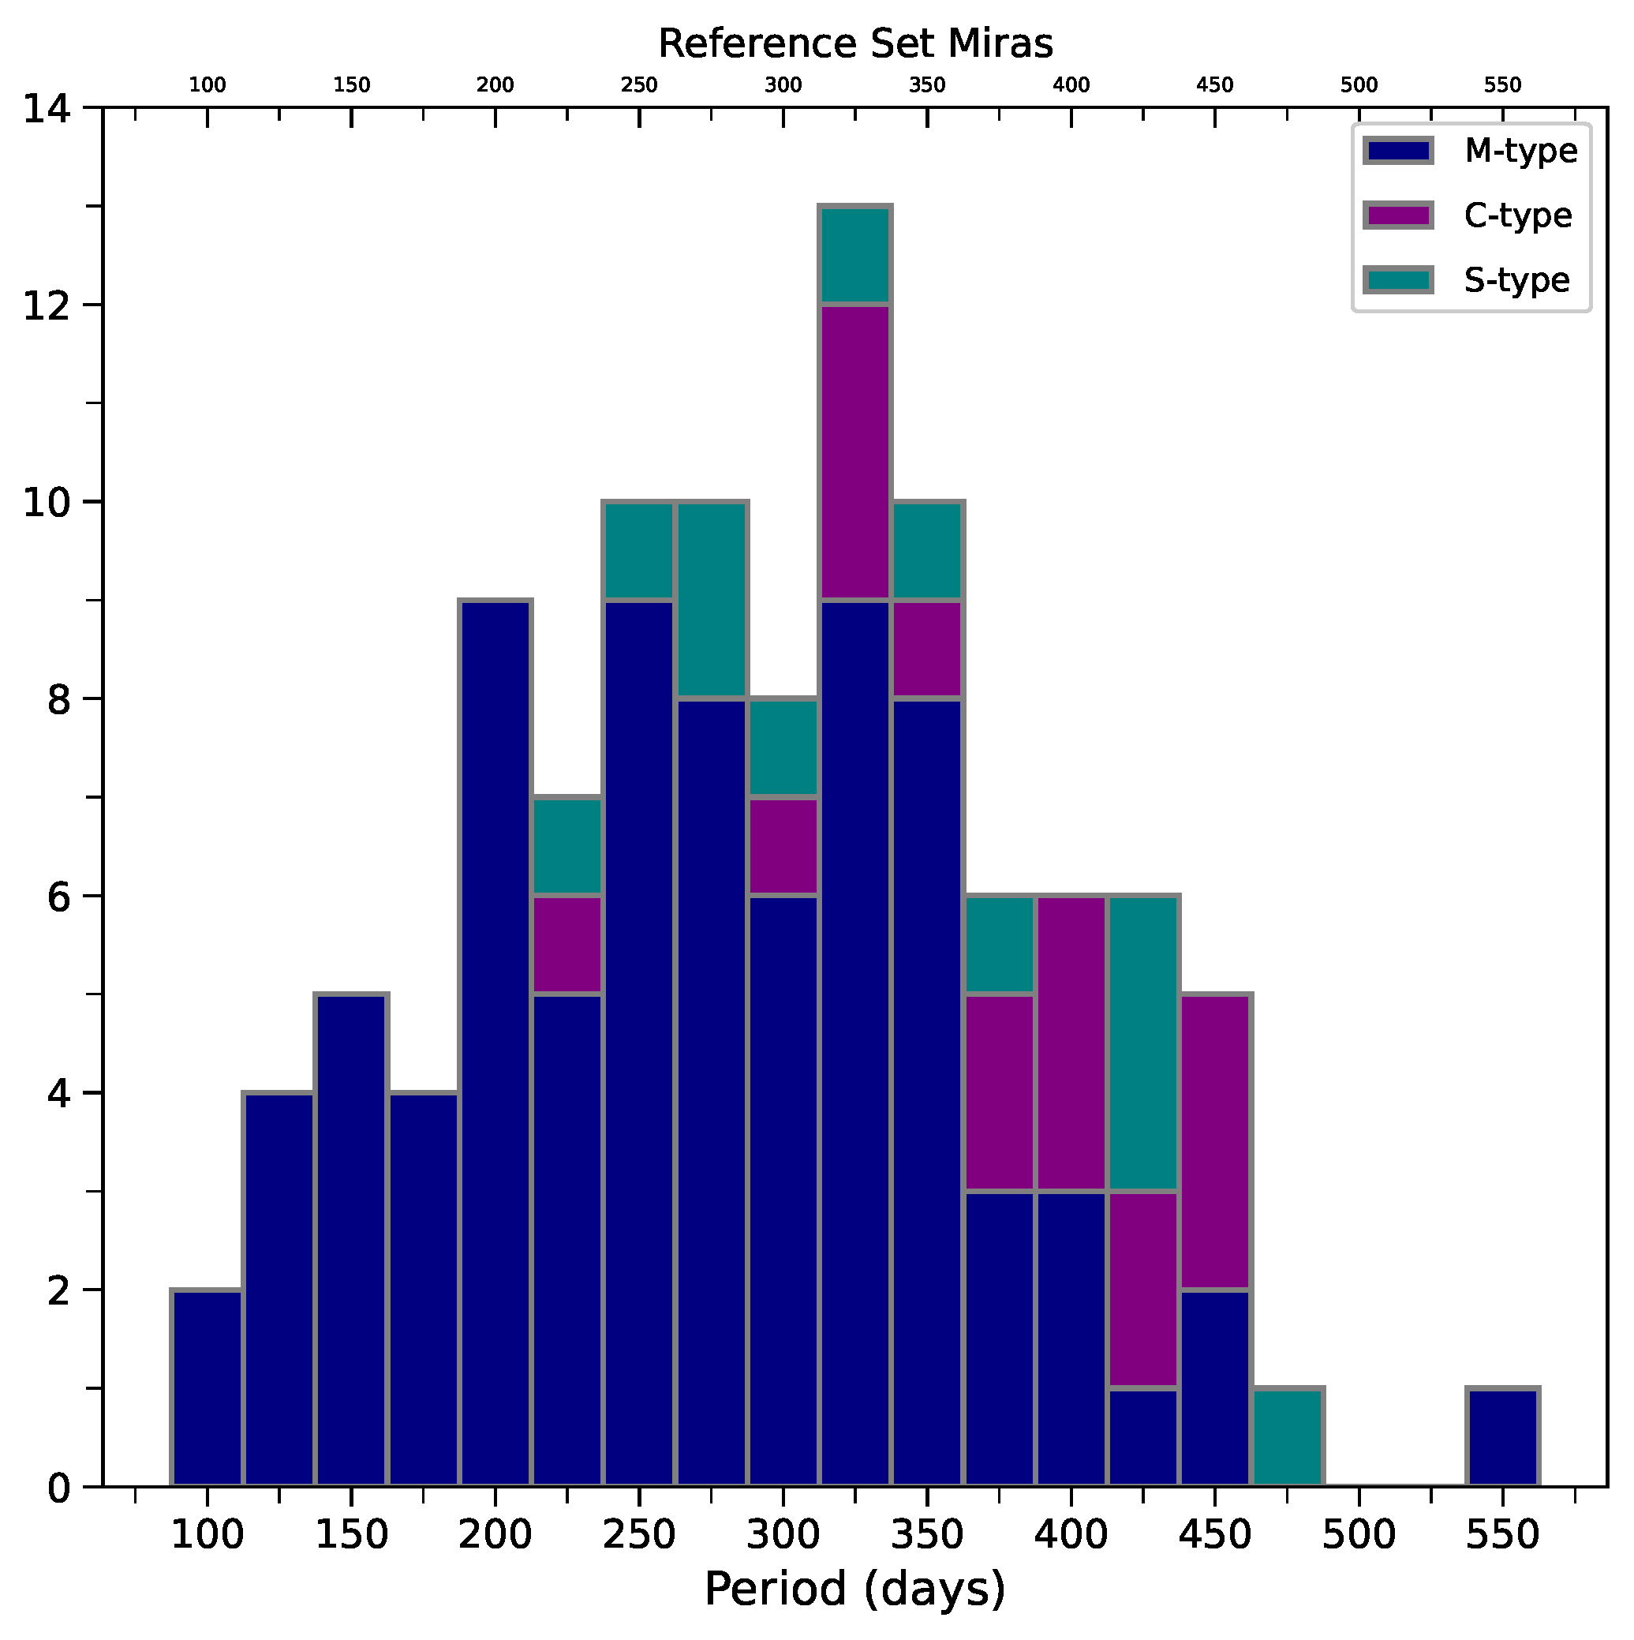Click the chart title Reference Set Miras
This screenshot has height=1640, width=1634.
pos(854,44)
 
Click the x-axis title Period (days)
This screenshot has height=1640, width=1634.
pos(854,1589)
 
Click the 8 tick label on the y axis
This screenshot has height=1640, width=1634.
pos(58,699)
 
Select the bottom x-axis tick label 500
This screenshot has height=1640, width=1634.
pos(1358,1535)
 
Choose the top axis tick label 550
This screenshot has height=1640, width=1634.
pos(1502,85)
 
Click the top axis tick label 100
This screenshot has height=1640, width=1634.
pos(208,85)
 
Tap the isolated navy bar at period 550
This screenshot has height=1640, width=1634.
pos(1502,1438)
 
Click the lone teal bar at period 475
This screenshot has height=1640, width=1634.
pos(1288,1438)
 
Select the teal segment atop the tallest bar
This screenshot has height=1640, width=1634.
pos(854,255)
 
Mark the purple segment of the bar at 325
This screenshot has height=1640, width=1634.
pos(854,452)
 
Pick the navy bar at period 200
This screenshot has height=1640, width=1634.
pos(495,1044)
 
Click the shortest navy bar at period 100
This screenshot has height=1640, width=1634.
pos(208,1389)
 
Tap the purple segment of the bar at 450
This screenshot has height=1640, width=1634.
pos(1216,1143)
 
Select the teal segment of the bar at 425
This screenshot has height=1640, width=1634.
pos(1143,1044)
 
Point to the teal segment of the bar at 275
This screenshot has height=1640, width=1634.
pos(712,600)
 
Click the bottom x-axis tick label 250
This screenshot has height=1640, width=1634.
pos(638,1535)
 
